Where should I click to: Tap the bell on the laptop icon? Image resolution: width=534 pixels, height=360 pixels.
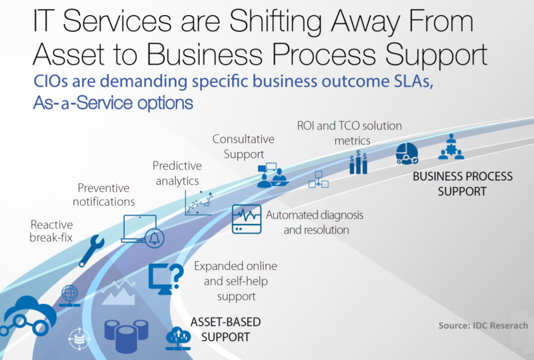155,238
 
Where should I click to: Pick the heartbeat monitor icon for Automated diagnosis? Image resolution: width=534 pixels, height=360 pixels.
246,219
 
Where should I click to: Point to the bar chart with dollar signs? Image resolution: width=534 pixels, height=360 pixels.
358,163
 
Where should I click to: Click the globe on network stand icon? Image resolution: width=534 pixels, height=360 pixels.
70,295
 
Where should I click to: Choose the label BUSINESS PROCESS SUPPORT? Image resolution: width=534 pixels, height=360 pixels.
463,184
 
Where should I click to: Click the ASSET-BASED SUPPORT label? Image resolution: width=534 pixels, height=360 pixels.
225,329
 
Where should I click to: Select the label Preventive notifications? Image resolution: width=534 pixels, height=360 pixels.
103,195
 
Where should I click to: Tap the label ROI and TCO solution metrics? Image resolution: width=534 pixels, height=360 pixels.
349,133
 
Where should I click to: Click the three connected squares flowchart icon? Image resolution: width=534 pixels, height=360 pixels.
318,179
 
